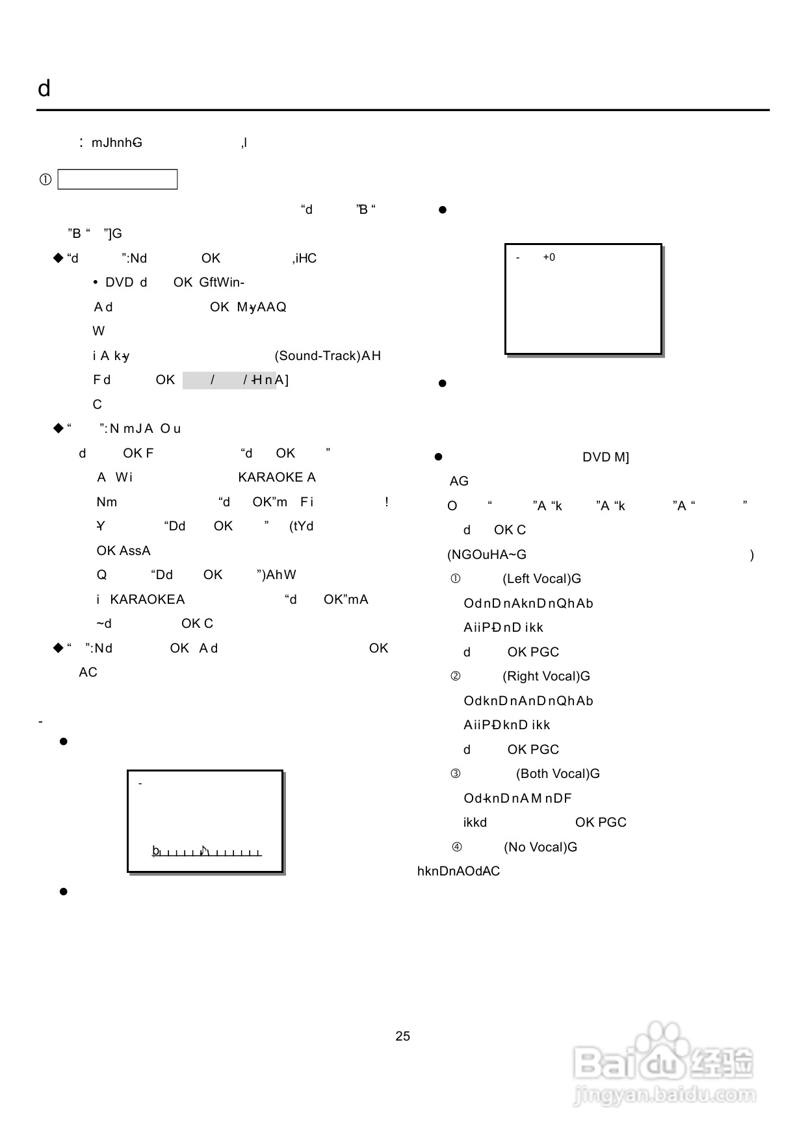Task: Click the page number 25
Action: coord(402,1036)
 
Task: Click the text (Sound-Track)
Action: coord(317,356)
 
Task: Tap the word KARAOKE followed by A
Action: coord(271,477)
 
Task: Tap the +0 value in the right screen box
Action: coord(549,257)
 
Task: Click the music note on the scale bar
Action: coord(204,850)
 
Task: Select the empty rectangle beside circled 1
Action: coord(118,179)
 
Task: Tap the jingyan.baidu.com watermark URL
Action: coord(664,1096)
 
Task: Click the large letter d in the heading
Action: coord(44,88)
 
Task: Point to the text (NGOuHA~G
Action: coord(487,554)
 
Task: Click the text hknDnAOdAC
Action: coord(458,871)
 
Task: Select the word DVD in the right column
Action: coord(596,457)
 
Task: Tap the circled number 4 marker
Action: coord(457,847)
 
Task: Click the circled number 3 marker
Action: coord(456,773)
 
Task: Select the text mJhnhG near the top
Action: coord(117,142)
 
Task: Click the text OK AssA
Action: coord(123,551)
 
